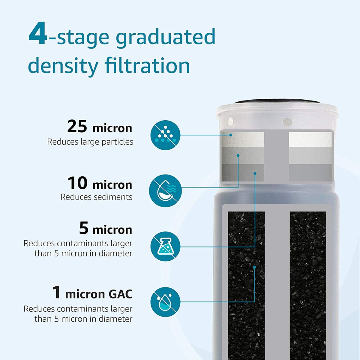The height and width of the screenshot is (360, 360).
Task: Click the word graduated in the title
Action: (x=166, y=37)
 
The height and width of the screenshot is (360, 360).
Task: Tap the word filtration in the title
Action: (x=147, y=65)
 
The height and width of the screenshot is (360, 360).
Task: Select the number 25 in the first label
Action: (x=77, y=126)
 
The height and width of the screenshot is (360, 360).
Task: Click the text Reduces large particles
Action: (x=90, y=142)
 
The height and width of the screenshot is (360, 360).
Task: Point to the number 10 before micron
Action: (x=77, y=183)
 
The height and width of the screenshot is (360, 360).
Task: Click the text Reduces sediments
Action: (x=96, y=197)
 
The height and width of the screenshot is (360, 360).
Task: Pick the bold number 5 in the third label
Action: (x=84, y=228)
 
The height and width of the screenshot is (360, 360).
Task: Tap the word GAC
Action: (x=120, y=294)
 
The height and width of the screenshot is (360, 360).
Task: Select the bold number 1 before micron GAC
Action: (x=56, y=292)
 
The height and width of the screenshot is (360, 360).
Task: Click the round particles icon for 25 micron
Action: (x=165, y=135)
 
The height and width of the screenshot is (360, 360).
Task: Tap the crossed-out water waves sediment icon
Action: (x=165, y=191)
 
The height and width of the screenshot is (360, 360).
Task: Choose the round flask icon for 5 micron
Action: (x=165, y=246)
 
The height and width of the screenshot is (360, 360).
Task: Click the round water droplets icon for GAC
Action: (x=165, y=302)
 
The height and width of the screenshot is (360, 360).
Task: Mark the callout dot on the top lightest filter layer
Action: (x=231, y=135)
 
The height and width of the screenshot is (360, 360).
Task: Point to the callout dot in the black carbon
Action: (x=254, y=267)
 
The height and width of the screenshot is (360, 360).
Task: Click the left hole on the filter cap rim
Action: (x=231, y=121)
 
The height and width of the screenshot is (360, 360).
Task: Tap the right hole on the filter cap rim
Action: (x=287, y=122)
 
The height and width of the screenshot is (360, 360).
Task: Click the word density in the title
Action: (x=63, y=66)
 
